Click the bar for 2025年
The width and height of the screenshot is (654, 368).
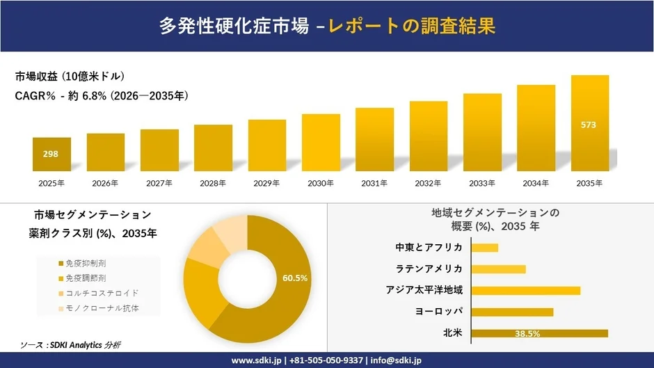[x=51, y=154]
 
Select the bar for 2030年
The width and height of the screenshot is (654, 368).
[x=321, y=143]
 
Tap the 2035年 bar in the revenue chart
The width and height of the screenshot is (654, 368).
[x=589, y=123]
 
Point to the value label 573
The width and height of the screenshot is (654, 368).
[x=589, y=125]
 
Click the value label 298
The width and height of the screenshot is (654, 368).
[x=51, y=154]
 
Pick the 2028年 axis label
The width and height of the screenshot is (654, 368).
[x=213, y=184]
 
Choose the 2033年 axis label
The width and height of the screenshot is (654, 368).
[x=482, y=184]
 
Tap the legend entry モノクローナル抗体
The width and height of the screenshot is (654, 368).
[x=96, y=308]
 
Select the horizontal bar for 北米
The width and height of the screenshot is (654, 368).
[x=539, y=333]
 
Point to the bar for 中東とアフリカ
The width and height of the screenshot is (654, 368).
[x=485, y=248]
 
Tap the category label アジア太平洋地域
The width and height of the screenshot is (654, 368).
[x=424, y=290]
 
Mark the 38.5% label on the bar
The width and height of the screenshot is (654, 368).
[x=527, y=334]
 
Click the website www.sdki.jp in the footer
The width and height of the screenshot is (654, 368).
[x=255, y=360]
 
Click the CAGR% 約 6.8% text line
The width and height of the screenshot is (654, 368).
[x=102, y=95]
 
